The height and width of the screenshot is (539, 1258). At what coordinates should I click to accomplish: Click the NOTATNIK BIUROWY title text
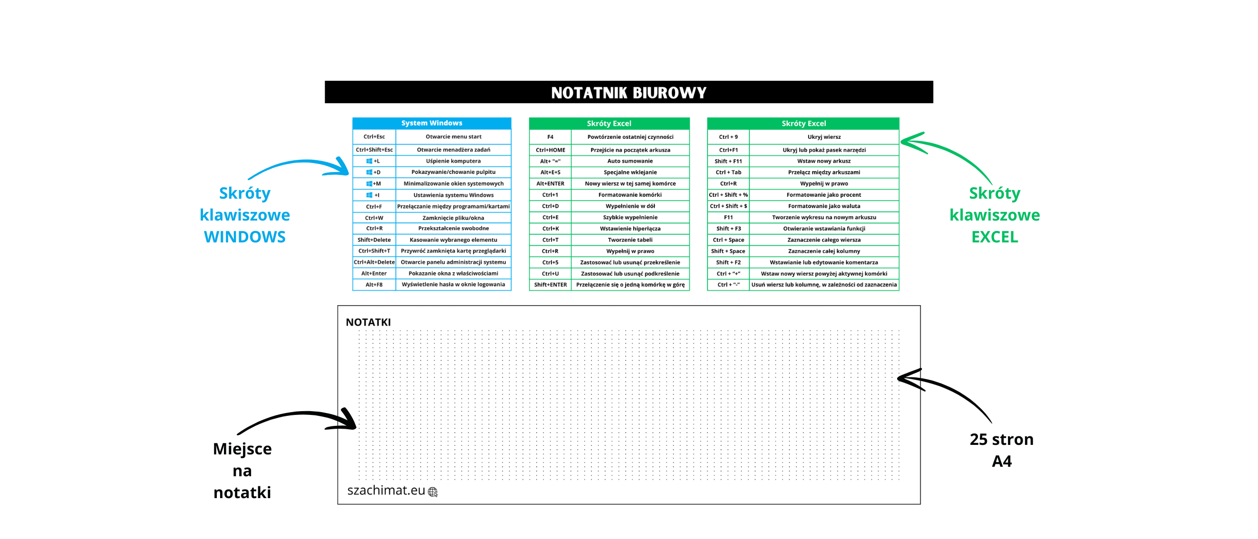[629, 93]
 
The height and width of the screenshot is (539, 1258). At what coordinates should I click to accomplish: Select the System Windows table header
[431, 123]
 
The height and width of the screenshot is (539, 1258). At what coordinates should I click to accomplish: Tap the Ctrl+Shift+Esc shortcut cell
[374, 150]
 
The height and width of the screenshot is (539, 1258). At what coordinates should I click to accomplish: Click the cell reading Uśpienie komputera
[453, 161]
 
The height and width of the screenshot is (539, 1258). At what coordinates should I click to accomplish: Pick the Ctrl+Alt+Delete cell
[374, 262]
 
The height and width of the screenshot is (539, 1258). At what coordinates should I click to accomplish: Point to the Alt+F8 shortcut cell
[374, 285]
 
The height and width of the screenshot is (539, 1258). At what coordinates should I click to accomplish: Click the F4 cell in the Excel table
[551, 137]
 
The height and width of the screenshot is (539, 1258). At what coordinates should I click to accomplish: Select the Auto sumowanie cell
[630, 161]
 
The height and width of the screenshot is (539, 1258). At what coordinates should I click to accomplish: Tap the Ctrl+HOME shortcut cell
[551, 150]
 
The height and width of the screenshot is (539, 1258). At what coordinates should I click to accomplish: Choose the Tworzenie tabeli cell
[630, 240]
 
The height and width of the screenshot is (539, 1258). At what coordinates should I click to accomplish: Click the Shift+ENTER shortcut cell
[551, 285]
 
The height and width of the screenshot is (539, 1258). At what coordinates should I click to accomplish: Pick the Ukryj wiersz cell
[824, 137]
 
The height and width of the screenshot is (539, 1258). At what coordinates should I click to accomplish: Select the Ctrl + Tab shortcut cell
[728, 173]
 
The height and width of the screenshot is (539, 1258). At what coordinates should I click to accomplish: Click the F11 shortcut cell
[728, 217]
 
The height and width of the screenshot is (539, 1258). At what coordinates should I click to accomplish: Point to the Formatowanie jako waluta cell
[824, 206]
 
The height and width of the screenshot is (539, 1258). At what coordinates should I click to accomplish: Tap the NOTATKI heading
[368, 322]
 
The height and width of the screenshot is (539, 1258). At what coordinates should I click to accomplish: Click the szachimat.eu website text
[386, 490]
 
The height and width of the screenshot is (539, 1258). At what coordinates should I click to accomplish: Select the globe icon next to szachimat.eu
[433, 492]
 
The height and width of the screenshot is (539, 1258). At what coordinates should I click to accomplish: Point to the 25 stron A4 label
[1002, 450]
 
